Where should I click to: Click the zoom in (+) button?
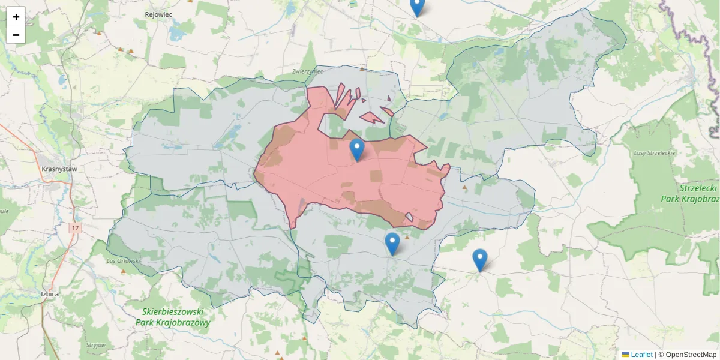pyautogui.click(x=16, y=17)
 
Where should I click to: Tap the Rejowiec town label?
pyautogui.click(x=158, y=13)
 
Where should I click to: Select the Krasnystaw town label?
pyautogui.click(x=59, y=169)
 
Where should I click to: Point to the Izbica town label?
pyautogui.click(x=49, y=294)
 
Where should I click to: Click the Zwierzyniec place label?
pyautogui.click(x=308, y=71)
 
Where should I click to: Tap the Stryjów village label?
pyautogui.click(x=96, y=345)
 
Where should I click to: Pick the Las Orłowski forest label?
pyautogui.click(x=123, y=260)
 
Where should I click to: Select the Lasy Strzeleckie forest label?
pyautogui.click(x=655, y=153)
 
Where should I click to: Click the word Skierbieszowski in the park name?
pyautogui.click(x=173, y=312)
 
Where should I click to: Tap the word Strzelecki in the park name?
pyautogui.click(x=698, y=188)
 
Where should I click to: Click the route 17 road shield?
pyautogui.click(x=75, y=228)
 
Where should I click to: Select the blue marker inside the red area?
pyautogui.click(x=357, y=149)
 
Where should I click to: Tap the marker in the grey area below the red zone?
pyautogui.click(x=392, y=244)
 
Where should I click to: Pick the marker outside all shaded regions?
pyautogui.click(x=479, y=260)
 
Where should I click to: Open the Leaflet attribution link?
pyautogui.click(x=641, y=355)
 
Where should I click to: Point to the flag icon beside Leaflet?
pyautogui.click(x=626, y=355)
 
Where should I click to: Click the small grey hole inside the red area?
pyautogui.click(x=409, y=217)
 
